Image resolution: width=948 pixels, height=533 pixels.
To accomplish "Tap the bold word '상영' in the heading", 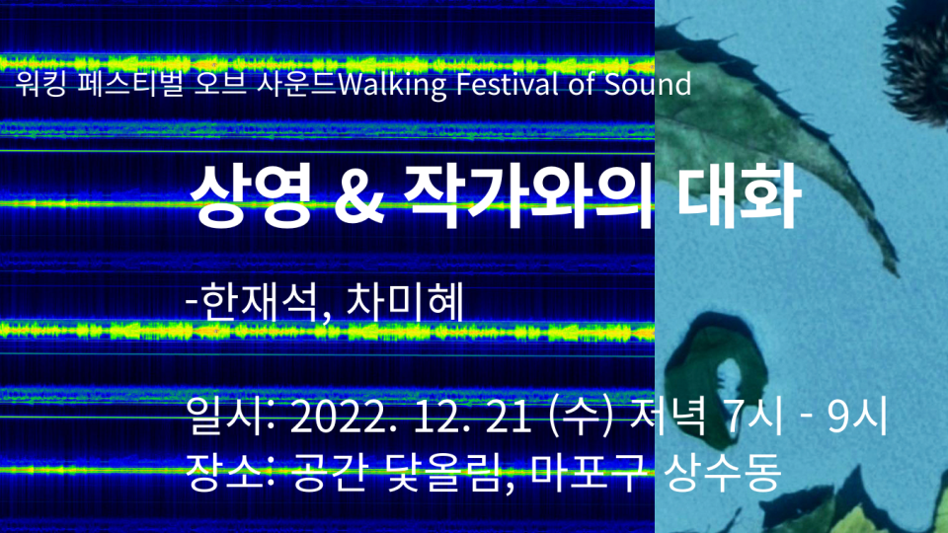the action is click(x=250, y=196).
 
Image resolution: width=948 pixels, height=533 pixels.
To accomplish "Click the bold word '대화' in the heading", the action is click(x=739, y=196).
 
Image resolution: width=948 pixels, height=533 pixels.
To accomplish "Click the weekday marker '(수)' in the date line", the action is click(x=580, y=416).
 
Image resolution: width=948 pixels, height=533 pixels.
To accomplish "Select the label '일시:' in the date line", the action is click(x=230, y=416).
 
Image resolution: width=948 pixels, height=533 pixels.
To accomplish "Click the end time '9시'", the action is click(x=857, y=416).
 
